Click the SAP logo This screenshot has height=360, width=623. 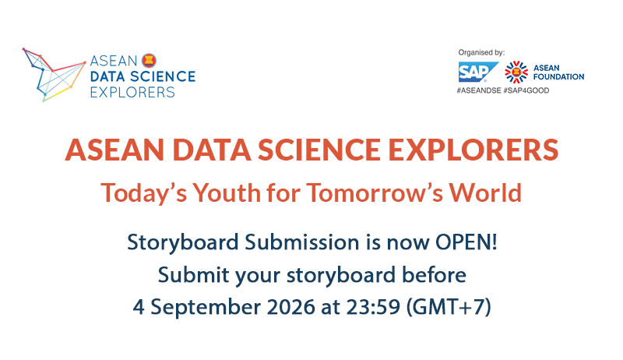pyautogui.click(x=478, y=72)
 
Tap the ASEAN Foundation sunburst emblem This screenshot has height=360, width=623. pyautogui.click(x=516, y=72)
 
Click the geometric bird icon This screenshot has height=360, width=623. pyautogui.click(x=54, y=75)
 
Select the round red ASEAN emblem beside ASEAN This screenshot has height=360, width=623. pyautogui.click(x=149, y=61)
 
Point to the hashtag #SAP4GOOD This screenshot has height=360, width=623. pyautogui.click(x=526, y=90)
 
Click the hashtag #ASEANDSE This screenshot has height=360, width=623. pyautogui.click(x=479, y=90)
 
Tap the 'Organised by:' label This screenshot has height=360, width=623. pyautogui.click(x=481, y=52)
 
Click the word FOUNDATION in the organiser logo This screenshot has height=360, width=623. pyautogui.click(x=558, y=76)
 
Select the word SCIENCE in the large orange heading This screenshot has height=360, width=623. pyautogui.click(x=319, y=150)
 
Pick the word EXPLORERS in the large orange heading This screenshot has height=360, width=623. pyautogui.click(x=473, y=150)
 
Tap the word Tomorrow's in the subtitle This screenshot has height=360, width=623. pyautogui.click(x=375, y=192)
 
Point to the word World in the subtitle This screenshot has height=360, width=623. pyautogui.click(x=485, y=192)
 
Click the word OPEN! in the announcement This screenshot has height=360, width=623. pyautogui.click(x=466, y=242)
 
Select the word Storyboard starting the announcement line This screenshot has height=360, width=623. pyautogui.click(x=182, y=243)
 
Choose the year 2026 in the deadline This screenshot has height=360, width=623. pyautogui.click(x=290, y=307)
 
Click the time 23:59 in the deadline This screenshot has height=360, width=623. pyautogui.click(x=373, y=307)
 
